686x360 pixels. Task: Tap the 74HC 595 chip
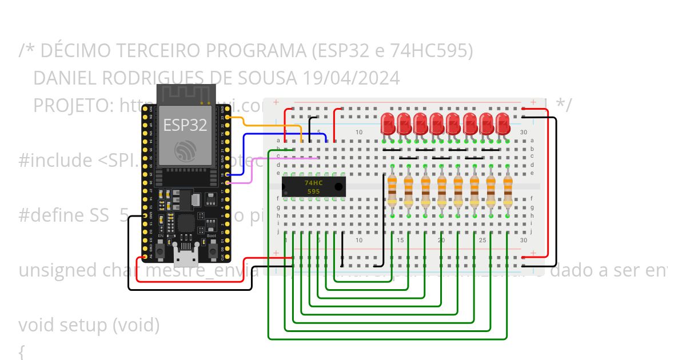click(313, 187)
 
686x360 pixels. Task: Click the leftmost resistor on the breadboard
click(392, 190)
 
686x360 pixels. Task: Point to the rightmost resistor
click(508, 190)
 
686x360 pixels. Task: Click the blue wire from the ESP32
click(274, 135)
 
